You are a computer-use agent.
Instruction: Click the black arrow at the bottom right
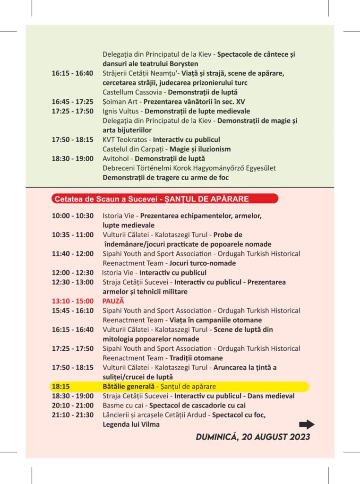307,424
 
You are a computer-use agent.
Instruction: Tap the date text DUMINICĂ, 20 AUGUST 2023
253,437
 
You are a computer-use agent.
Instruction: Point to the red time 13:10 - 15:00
73,301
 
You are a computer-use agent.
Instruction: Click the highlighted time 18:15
60,387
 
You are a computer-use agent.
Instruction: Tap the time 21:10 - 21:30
73,415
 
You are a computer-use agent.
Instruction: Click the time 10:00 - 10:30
73,216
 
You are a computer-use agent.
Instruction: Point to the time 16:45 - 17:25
73,102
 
